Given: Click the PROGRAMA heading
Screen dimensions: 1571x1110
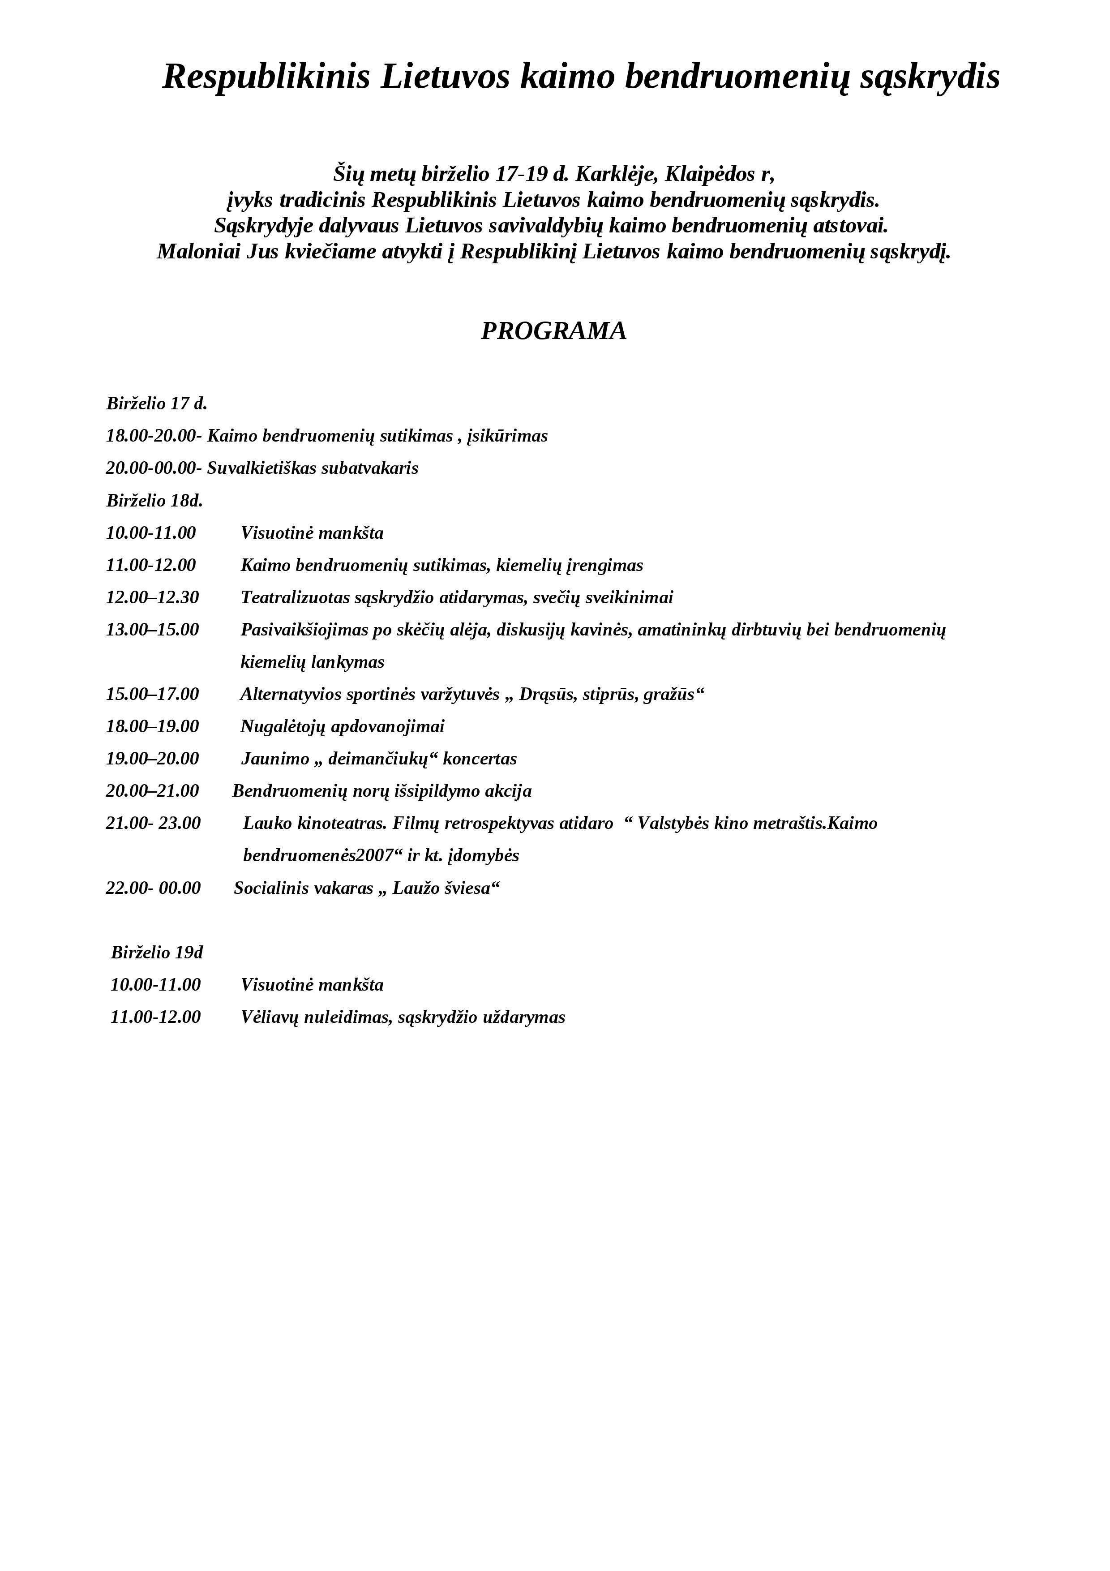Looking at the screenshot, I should [x=553, y=331].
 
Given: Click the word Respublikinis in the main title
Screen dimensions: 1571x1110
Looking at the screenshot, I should [x=267, y=77].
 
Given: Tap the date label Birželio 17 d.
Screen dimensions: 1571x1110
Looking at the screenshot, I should [x=157, y=403].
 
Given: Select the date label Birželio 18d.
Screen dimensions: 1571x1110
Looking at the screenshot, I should [x=154, y=501].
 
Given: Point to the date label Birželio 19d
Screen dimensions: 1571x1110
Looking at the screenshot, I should [x=157, y=953].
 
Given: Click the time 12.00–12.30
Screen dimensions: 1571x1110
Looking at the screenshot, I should [x=152, y=597].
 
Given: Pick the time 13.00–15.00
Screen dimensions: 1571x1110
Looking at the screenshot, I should [x=152, y=630].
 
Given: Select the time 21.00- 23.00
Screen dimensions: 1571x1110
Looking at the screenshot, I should [x=153, y=823].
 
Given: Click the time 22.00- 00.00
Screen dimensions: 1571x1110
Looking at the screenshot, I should [x=153, y=888].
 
